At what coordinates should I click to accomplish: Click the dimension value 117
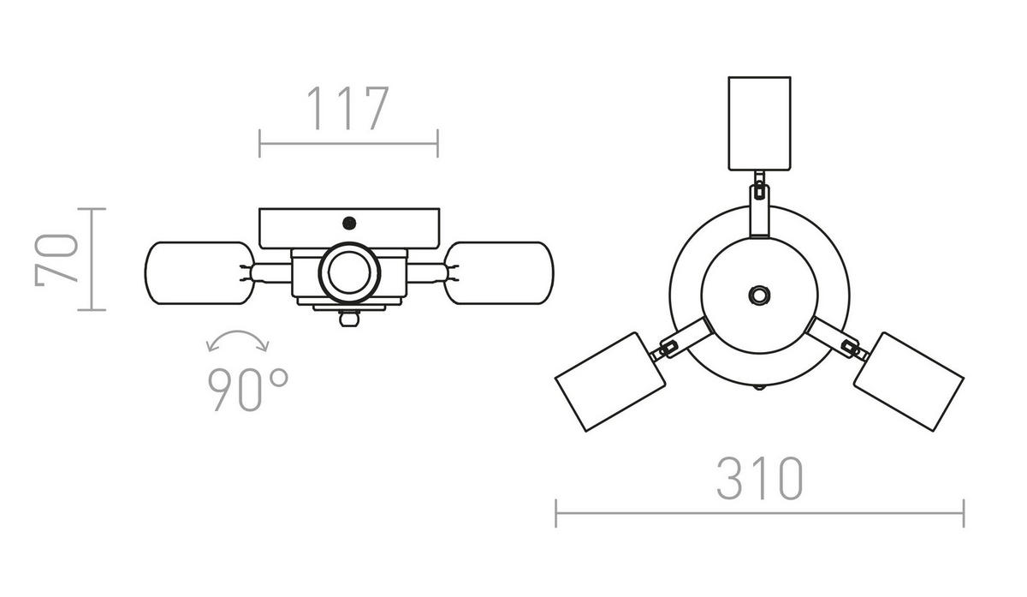tap(347, 109)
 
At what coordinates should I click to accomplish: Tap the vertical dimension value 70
tap(56, 258)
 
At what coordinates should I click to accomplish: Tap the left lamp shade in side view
tap(199, 272)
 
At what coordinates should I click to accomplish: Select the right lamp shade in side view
tap(500, 272)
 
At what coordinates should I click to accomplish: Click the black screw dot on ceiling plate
tap(348, 224)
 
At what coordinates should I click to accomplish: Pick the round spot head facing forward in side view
tap(348, 273)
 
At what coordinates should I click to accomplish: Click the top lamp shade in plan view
tap(758, 123)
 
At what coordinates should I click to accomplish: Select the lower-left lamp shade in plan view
tap(610, 380)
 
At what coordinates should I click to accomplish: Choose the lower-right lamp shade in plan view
tap(908, 379)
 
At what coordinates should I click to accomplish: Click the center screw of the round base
tap(758, 294)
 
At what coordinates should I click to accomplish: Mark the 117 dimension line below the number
tap(348, 143)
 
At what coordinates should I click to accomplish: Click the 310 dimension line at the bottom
tap(759, 513)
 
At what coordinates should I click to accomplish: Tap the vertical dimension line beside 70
tap(92, 258)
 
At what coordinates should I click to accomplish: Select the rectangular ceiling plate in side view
tap(348, 228)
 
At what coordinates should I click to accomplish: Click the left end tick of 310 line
tap(556, 513)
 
